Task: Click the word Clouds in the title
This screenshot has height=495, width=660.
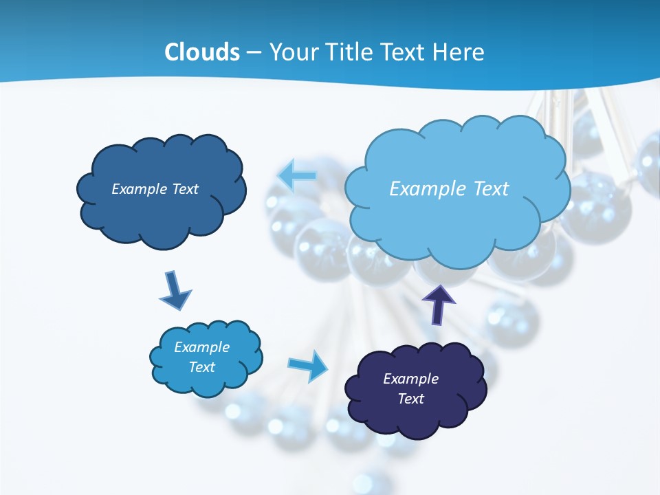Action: pos(202,52)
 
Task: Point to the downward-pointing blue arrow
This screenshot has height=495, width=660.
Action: pos(175,291)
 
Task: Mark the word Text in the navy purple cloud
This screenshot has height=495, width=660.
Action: pos(410,399)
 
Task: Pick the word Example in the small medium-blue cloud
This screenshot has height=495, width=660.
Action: pos(202,347)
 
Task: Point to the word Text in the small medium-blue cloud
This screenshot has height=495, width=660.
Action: pos(202,367)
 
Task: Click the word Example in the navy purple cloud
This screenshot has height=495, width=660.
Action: pos(410,379)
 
